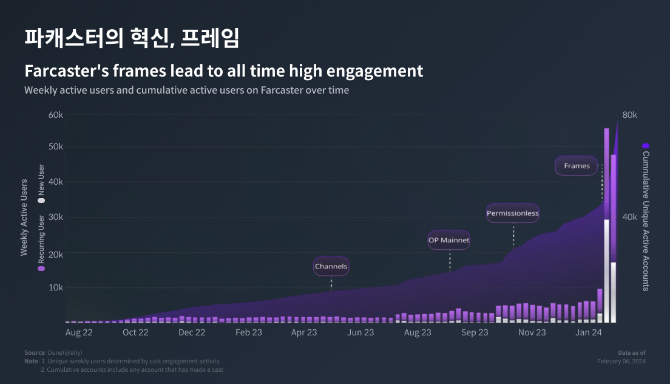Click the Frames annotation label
click(x=577, y=166)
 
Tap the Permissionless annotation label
click(x=513, y=213)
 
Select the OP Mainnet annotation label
click(x=449, y=240)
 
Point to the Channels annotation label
click(x=331, y=266)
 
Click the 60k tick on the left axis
click(x=56, y=115)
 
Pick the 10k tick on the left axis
click(x=56, y=287)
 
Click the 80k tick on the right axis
click(x=629, y=115)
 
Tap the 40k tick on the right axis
click(x=629, y=217)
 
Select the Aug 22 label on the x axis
click(x=79, y=332)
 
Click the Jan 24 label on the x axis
click(x=589, y=332)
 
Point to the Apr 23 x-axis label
click(x=304, y=332)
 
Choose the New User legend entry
click(x=41, y=182)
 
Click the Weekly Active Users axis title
click(x=24, y=217)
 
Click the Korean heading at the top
click(x=132, y=38)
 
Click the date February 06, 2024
click(x=621, y=361)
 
